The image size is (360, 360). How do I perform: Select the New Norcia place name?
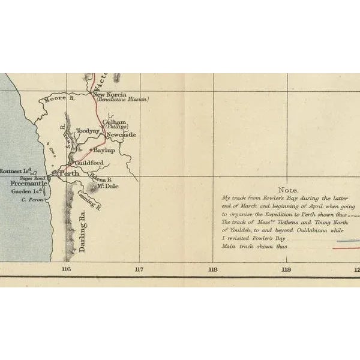[x=108, y=94]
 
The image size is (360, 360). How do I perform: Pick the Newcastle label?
[x=121, y=134]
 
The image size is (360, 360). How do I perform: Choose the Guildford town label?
[x=89, y=163]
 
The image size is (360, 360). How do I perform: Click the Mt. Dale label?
[x=106, y=186]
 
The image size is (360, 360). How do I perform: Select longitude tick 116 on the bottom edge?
[x=66, y=269]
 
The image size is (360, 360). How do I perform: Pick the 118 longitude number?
[x=212, y=269]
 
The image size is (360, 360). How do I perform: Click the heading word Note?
[x=281, y=189]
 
